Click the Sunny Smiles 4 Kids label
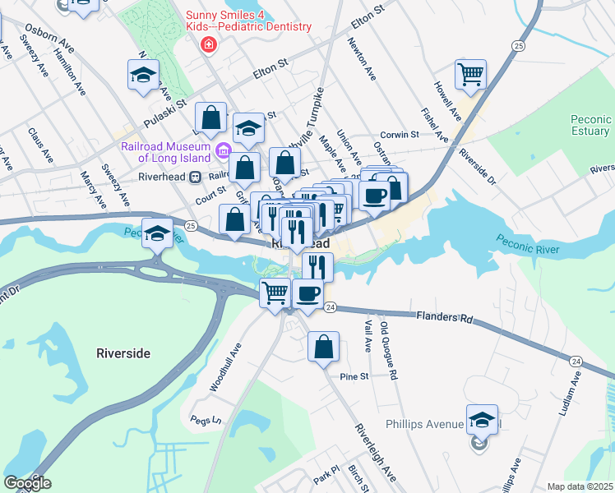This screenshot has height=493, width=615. (x=248, y=21)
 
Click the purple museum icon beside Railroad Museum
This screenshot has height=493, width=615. (x=223, y=151)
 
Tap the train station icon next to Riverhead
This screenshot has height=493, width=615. (x=195, y=176)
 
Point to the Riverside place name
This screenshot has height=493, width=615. (x=123, y=353)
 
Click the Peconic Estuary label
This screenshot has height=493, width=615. (x=590, y=125)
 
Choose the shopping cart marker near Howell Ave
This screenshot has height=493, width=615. (x=471, y=74)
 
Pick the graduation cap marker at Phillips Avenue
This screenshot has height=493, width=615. (x=482, y=419)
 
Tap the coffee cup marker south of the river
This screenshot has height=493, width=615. (x=307, y=293)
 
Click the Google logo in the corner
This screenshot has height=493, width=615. (x=27, y=483)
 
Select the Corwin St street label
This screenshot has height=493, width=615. (x=399, y=136)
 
